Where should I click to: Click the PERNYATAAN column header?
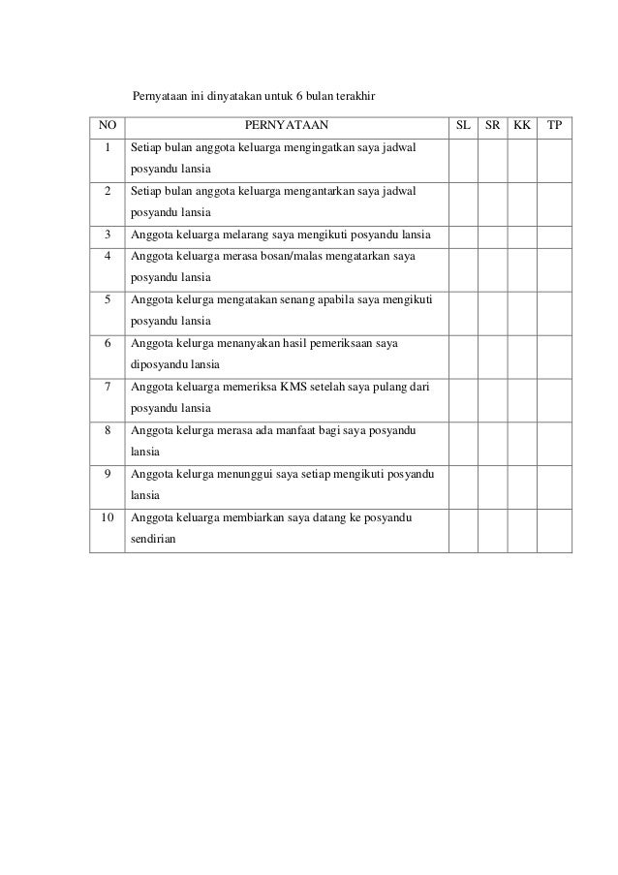tap(286, 126)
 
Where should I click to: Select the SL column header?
tap(463, 126)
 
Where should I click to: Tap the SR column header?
tap(492, 126)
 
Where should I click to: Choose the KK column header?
tap(522, 126)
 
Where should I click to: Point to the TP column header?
tap(554, 126)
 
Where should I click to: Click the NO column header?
tap(107, 126)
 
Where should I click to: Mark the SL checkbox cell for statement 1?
tap(463, 160)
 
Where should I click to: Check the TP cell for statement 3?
tap(554, 235)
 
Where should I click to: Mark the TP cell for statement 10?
tap(554, 530)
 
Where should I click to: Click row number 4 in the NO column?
tap(107, 257)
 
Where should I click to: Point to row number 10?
tap(107, 517)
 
